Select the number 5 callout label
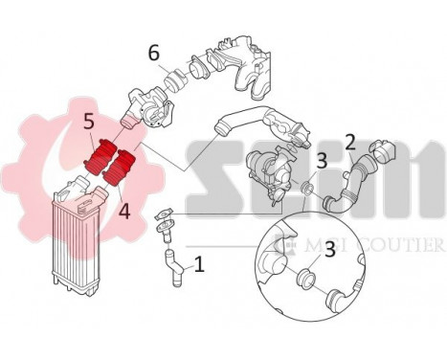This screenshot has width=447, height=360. pos(87,123)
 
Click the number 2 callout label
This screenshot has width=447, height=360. pos(350,144)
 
